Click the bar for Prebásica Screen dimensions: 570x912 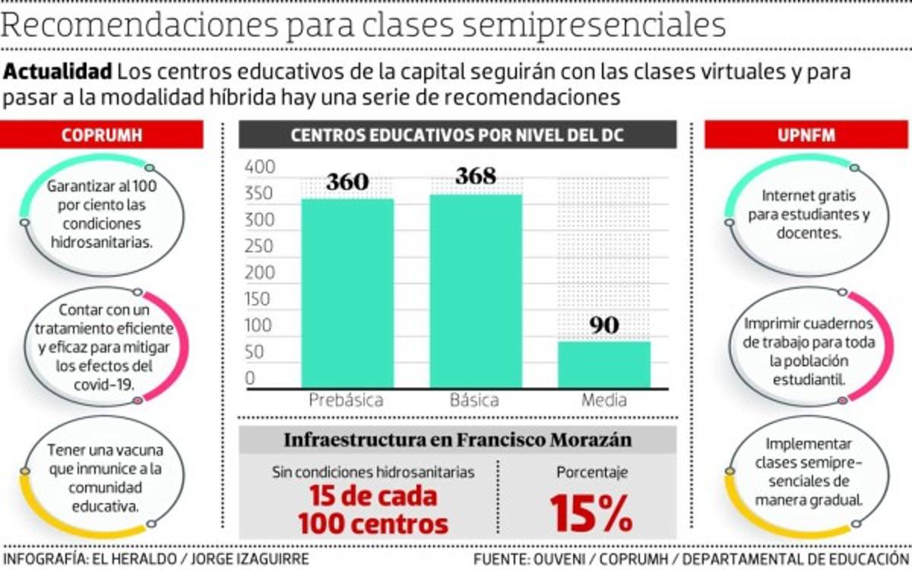(x=347, y=293)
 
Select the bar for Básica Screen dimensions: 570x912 (x=476, y=290)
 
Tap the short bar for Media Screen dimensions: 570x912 (x=604, y=364)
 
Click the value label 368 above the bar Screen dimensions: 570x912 (x=476, y=176)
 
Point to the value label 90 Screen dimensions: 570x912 (x=604, y=325)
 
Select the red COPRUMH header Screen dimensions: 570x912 (x=102, y=135)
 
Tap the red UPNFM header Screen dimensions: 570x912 (x=806, y=135)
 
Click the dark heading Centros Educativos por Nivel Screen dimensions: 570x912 (x=458, y=135)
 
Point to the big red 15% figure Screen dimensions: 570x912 (x=591, y=514)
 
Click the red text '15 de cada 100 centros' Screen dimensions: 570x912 (x=372, y=510)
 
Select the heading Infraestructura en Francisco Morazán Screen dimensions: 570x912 (x=458, y=440)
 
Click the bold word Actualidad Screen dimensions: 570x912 (x=59, y=73)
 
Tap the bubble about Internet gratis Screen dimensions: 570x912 (x=808, y=214)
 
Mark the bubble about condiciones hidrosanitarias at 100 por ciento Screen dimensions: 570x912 (x=102, y=214)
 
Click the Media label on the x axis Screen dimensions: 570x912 (x=604, y=401)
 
